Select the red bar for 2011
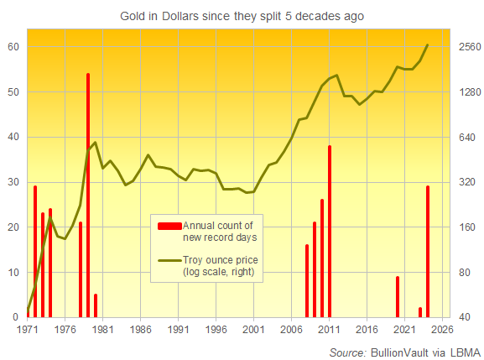click(330, 231)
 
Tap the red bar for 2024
click(428, 252)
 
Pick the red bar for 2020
click(398, 296)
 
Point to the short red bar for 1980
click(96, 305)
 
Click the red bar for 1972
click(35, 252)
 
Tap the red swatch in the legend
click(169, 225)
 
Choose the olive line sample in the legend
click(169, 259)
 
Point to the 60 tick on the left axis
click(14, 47)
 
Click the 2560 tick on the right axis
click(466, 47)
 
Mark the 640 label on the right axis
click(466, 137)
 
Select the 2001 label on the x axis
click(254, 331)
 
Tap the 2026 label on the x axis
click(443, 331)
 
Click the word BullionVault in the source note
click(399, 351)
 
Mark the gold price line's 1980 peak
click(95, 143)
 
